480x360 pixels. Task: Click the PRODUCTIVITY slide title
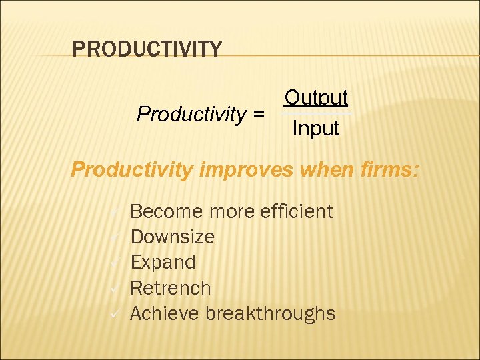[147, 49]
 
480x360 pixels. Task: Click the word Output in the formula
[315, 98]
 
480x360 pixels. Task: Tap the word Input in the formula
[315, 128]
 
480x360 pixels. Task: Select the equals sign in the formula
[257, 115]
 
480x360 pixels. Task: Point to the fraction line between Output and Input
[315, 113]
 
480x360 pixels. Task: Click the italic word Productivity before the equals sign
[191, 115]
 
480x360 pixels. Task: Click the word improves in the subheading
[247, 169]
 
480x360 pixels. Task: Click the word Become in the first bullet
[166, 211]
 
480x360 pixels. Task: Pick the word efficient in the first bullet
[294, 211]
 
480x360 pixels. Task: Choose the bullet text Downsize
[172, 237]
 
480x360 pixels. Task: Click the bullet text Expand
[163, 262]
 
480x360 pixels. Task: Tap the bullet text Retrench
[170, 288]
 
